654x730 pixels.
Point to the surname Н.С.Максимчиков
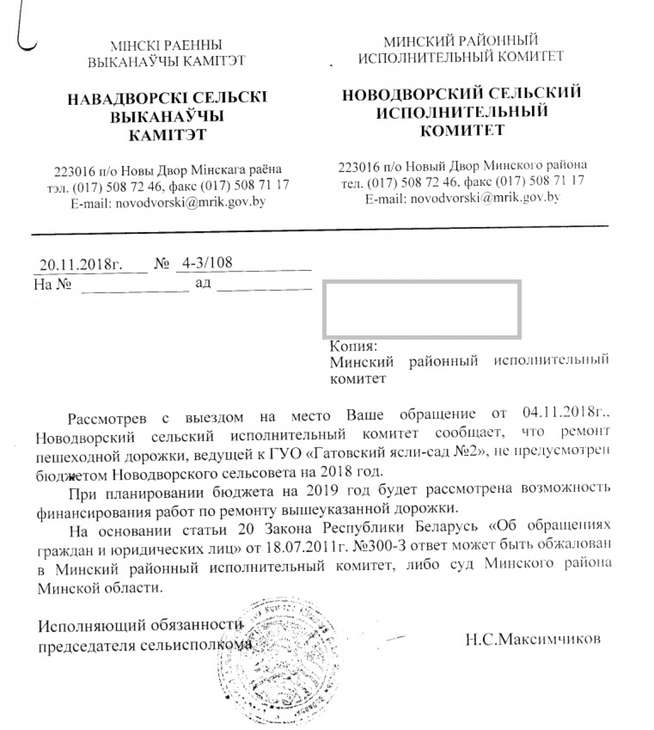533,639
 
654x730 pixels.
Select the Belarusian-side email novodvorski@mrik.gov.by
190,202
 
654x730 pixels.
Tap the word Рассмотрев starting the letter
107,419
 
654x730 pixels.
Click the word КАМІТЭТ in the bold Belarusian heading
167,135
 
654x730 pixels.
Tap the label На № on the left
52,284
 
